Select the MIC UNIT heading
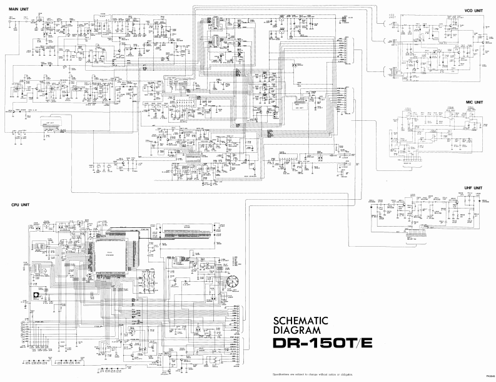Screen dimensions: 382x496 [473, 101]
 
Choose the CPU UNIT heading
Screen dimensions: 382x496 [21, 205]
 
